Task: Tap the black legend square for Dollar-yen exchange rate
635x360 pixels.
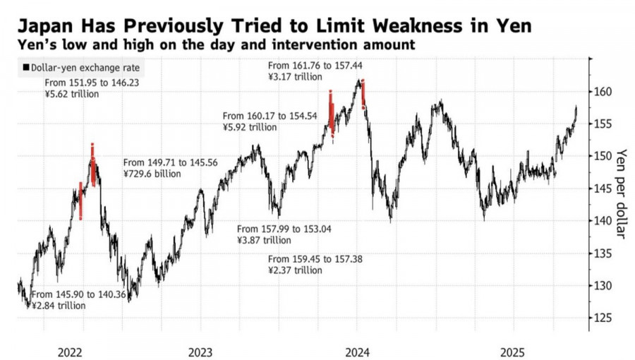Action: click(x=25, y=68)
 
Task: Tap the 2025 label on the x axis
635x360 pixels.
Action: click(x=512, y=351)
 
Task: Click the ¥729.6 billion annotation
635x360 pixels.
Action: click(x=152, y=174)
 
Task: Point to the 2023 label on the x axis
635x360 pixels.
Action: click(x=200, y=351)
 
